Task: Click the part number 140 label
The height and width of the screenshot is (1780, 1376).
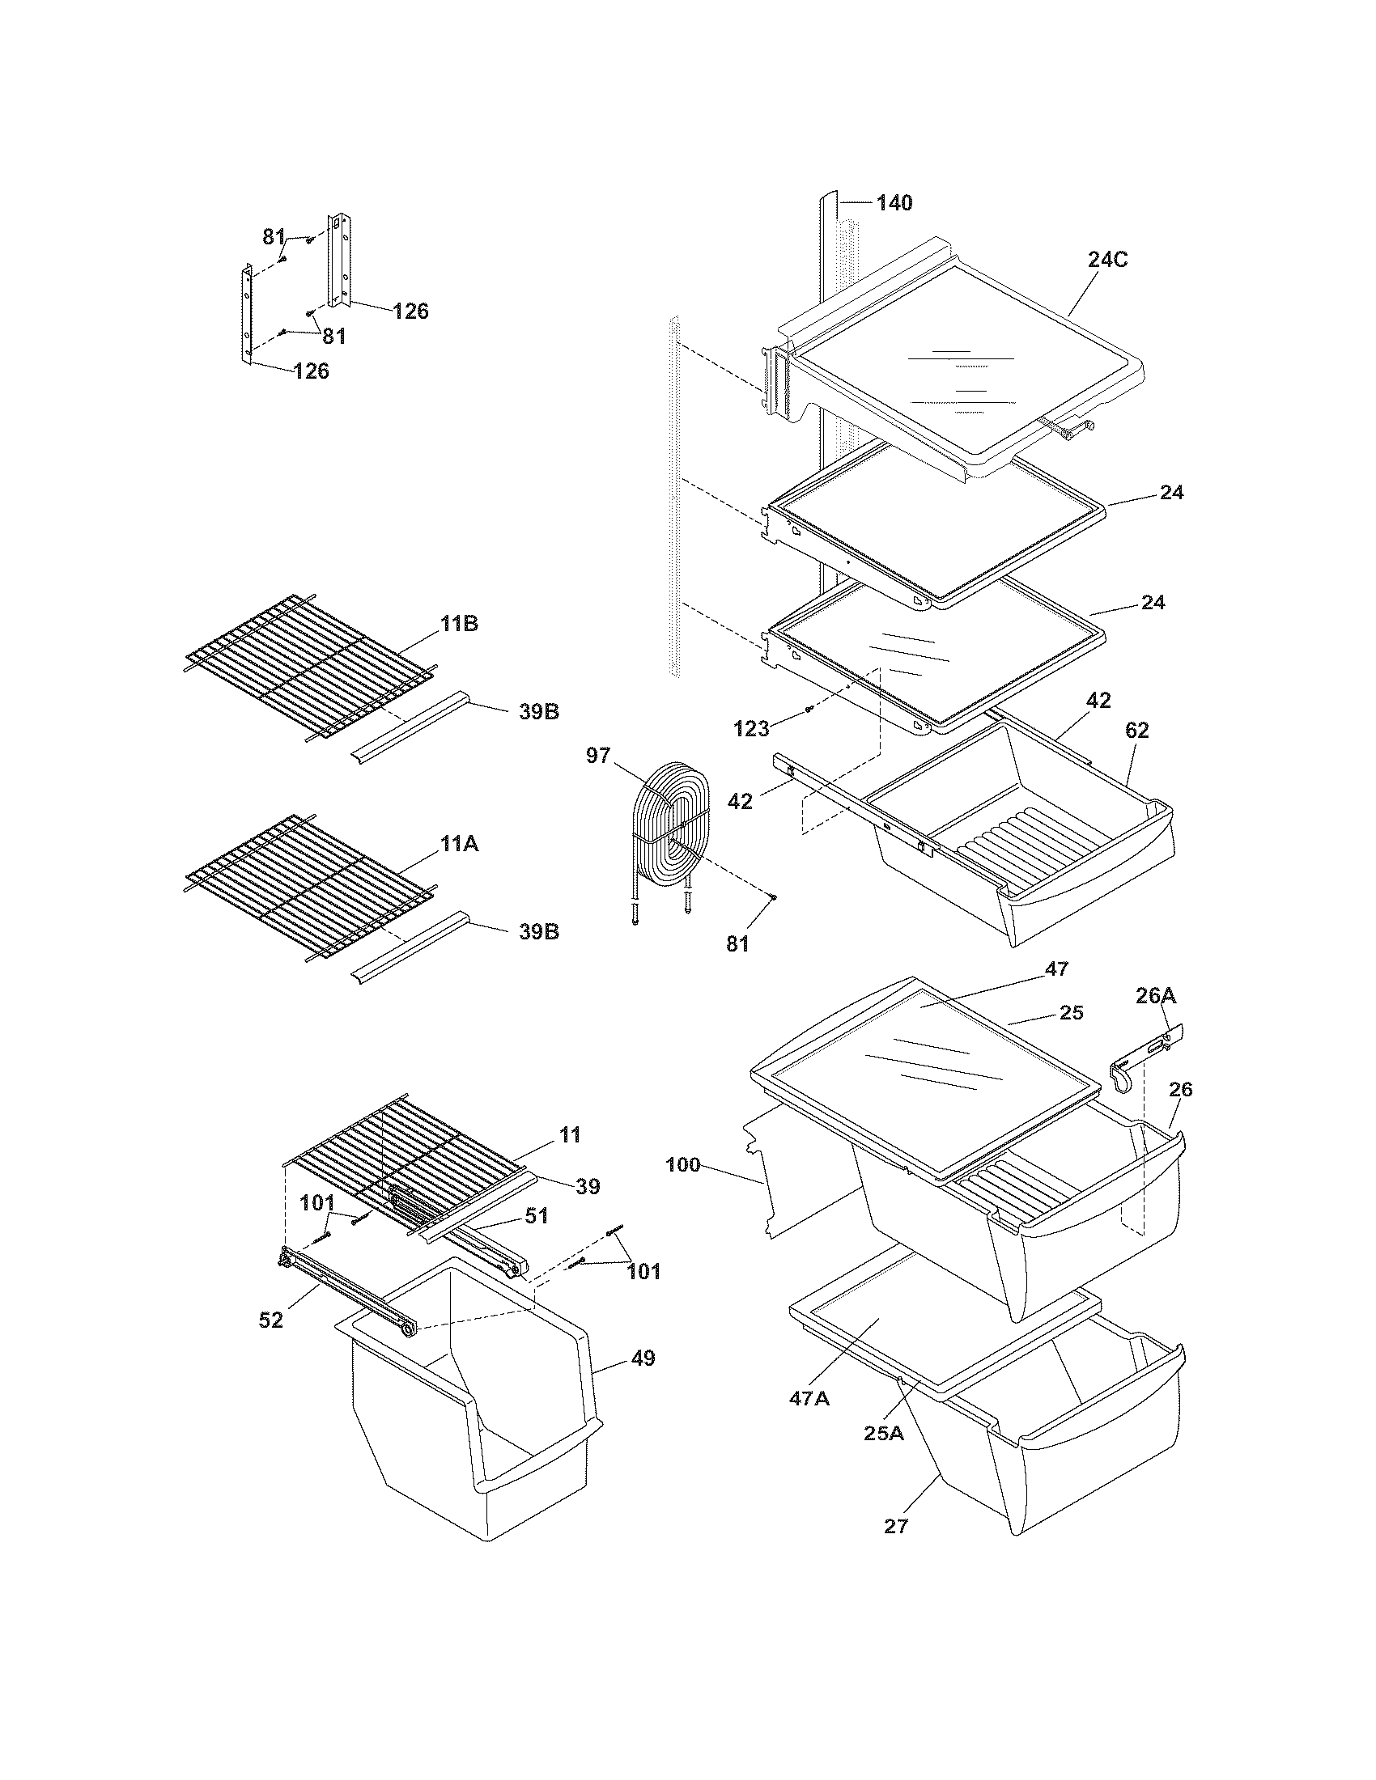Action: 894,202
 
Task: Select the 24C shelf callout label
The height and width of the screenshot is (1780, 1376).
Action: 1108,261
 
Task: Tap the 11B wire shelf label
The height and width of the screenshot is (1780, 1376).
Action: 460,625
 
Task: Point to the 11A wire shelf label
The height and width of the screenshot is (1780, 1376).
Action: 460,845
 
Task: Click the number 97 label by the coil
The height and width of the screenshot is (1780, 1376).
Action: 598,756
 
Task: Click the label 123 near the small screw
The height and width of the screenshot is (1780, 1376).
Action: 752,728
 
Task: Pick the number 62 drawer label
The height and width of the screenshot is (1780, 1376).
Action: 1136,731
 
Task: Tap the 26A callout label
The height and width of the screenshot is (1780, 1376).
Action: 1157,995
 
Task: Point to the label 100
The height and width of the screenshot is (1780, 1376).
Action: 682,1164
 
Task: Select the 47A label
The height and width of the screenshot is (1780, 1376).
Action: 809,1399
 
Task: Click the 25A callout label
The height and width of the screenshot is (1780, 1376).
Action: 884,1433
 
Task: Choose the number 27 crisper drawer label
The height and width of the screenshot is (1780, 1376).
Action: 895,1527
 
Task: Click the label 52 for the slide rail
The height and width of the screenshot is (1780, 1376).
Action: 270,1320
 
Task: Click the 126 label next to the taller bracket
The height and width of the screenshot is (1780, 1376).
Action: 410,311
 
